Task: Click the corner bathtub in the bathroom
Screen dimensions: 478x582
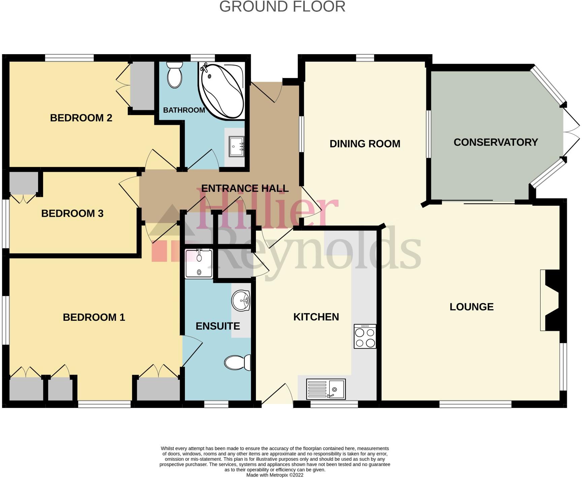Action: (x=221, y=90)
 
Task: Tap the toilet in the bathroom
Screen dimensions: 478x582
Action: (x=174, y=75)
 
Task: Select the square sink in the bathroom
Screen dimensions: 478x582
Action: (x=236, y=146)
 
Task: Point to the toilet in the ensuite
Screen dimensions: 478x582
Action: (x=238, y=363)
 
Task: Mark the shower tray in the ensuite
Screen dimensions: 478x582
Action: (x=199, y=264)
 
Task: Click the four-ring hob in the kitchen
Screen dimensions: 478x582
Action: (x=365, y=336)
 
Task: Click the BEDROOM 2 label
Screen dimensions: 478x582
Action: (x=81, y=118)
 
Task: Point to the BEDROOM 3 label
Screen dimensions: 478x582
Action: (x=72, y=213)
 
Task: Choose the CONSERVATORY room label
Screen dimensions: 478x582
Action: (x=495, y=142)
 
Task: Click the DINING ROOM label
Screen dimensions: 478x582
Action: (x=365, y=144)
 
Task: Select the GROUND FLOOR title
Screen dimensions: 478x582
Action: (x=282, y=7)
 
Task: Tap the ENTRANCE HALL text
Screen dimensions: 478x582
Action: (x=245, y=188)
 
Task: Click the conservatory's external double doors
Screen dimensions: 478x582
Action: (x=571, y=132)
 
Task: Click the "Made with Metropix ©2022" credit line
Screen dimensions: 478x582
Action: (x=275, y=475)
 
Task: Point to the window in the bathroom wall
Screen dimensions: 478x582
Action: (x=203, y=58)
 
